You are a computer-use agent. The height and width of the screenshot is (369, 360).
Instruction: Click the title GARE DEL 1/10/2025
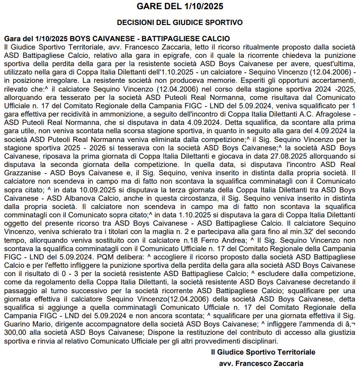point(180,6)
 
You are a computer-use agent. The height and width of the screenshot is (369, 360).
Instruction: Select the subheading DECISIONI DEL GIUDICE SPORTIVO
point(180,22)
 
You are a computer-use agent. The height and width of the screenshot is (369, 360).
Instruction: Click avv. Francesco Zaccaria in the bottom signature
point(261,363)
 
